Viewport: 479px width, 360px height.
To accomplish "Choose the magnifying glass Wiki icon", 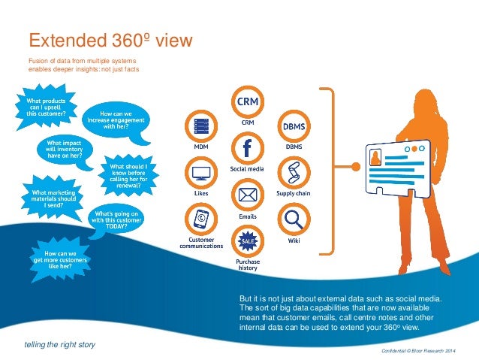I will point(294,220).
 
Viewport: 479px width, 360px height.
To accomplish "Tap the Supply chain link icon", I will point(294,172).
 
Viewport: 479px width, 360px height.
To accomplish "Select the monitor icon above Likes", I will point(201,173).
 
